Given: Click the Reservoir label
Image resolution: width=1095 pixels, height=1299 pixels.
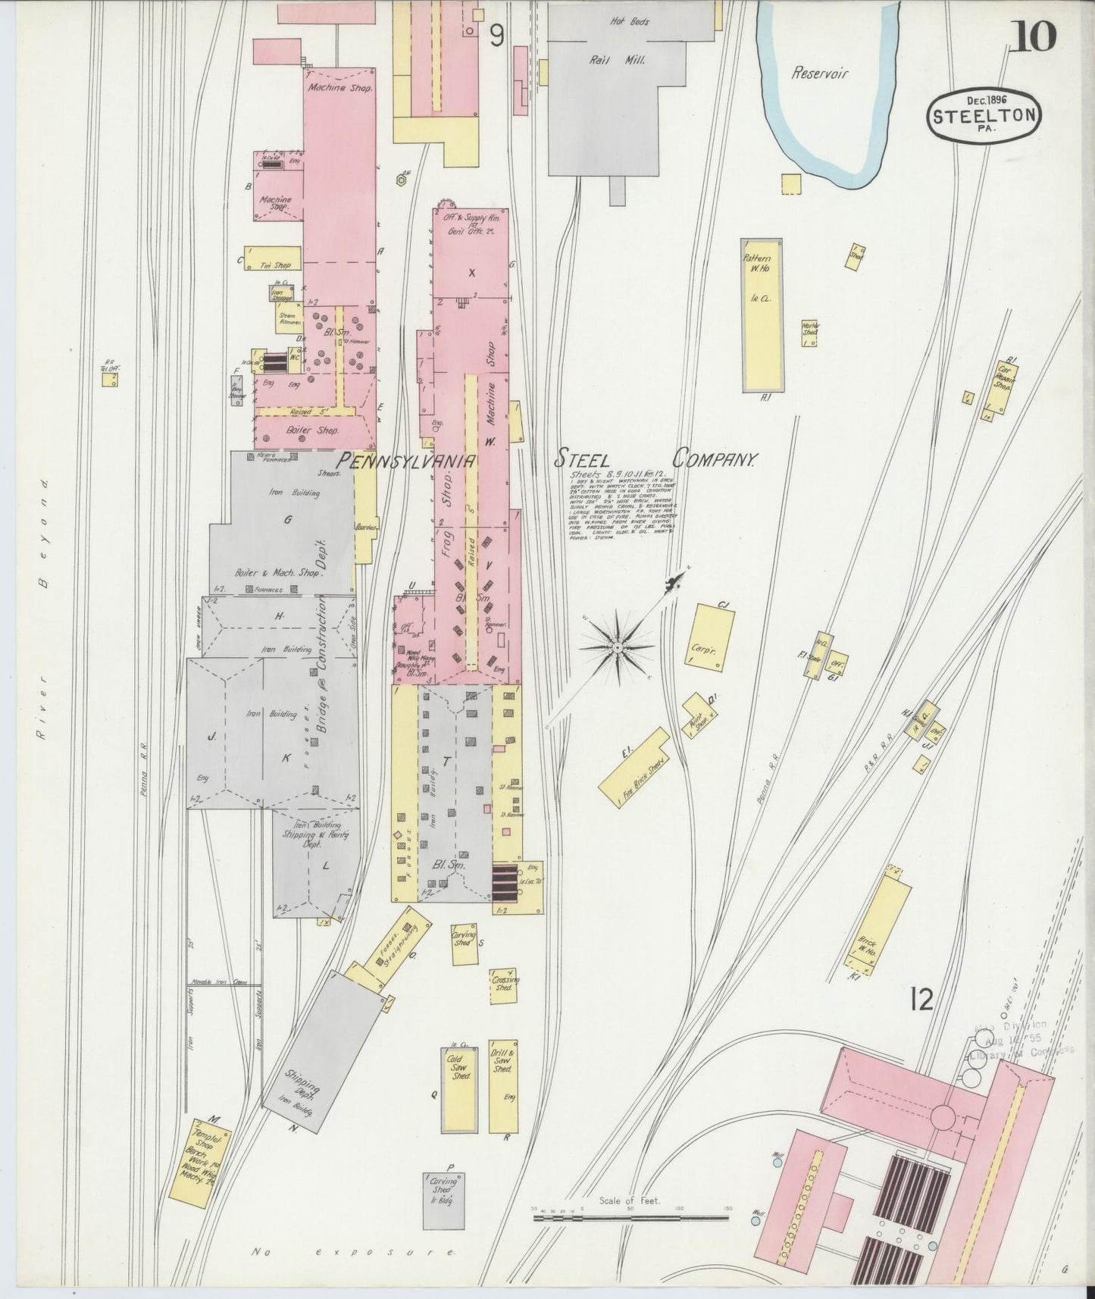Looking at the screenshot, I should [x=819, y=74].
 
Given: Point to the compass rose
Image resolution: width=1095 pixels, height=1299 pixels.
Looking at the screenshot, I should [x=618, y=648].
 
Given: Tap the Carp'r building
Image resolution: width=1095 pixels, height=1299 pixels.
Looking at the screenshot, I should [x=712, y=635].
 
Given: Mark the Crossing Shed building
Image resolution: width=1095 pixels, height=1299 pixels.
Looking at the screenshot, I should [x=503, y=985].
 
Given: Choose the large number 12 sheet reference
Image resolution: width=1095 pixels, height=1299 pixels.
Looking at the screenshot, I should [x=923, y=1001].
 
